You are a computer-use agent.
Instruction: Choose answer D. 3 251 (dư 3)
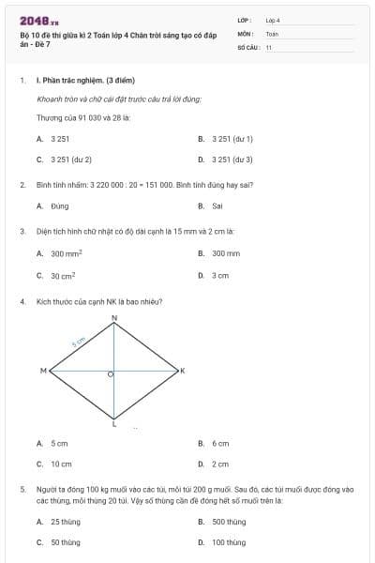(225, 160)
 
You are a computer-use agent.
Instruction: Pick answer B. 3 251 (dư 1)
(225, 138)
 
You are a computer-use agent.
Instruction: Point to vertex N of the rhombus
(114, 319)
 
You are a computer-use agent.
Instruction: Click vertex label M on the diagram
(43, 372)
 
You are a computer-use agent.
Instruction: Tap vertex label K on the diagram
(183, 372)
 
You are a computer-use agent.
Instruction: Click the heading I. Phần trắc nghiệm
(75, 81)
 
